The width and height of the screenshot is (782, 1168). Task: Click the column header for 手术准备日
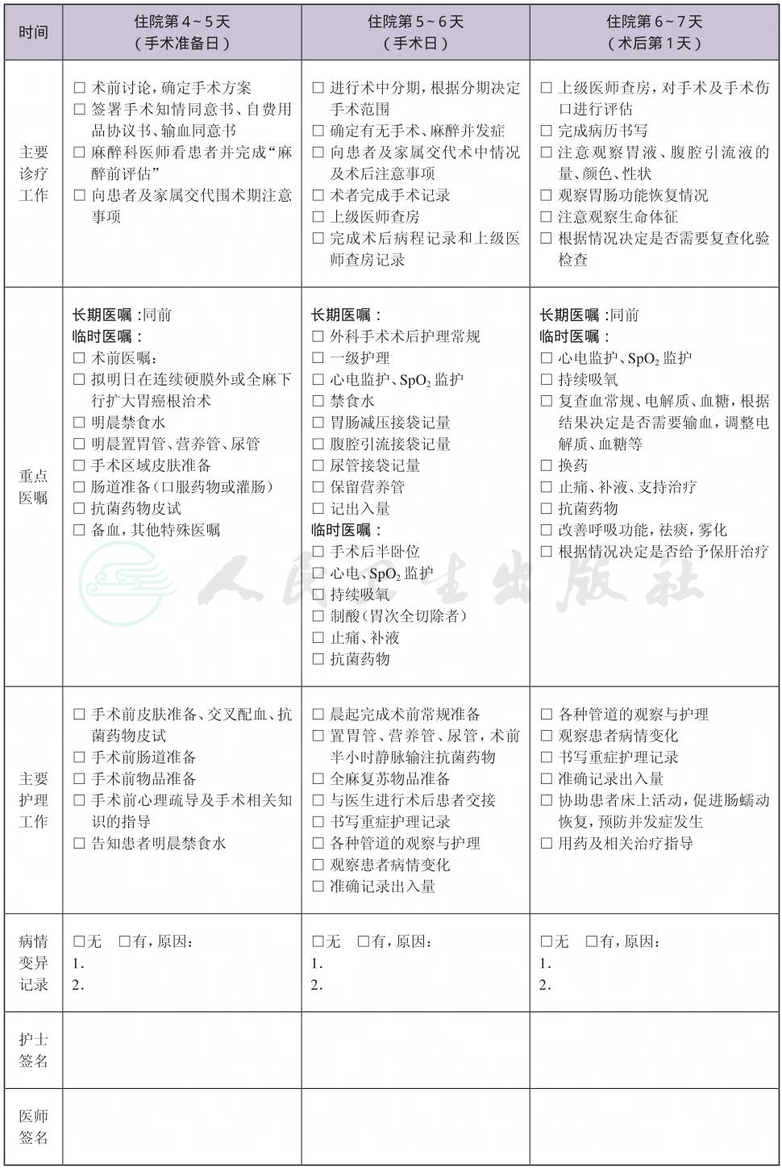pos(182,32)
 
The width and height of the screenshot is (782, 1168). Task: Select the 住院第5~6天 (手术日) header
pos(415,32)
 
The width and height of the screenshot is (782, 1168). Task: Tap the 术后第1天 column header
pos(655,32)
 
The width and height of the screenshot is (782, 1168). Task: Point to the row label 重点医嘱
pos(33,486)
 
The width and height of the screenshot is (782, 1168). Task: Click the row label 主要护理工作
pos(33,799)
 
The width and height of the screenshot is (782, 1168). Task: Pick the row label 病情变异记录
pos(33,962)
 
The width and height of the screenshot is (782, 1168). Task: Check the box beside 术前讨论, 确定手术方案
pos(79,88)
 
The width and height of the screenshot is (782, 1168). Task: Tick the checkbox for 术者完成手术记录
pos(318,195)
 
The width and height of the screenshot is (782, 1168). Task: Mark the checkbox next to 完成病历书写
pos(546,131)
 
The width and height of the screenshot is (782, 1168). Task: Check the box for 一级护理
pos(318,358)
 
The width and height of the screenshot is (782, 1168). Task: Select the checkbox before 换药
pos(546,465)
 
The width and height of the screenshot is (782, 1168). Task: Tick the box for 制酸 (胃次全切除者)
pos(318,616)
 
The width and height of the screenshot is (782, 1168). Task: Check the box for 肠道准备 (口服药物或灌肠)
pos(79,487)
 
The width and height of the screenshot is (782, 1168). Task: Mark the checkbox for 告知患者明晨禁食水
pos(79,844)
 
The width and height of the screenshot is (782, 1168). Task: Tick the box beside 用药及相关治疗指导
pos(546,844)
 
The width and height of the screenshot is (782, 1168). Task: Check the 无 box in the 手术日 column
pos(318,941)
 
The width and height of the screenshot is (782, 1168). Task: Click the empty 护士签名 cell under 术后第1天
pos(655,1049)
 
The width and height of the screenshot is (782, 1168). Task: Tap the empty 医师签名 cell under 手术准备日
pos(182,1127)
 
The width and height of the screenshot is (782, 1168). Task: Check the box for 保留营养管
pos(318,487)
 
